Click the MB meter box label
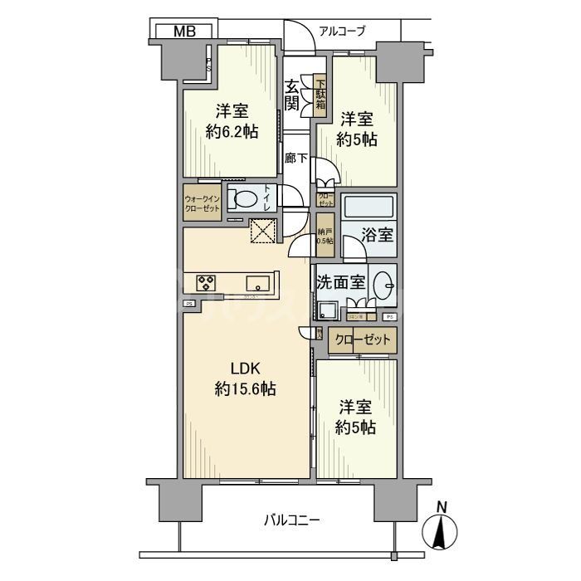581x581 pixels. pos(184,32)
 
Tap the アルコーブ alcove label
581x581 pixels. pos(343,32)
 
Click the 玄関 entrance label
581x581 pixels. pos(292,94)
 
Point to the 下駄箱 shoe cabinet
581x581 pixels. pos(320,93)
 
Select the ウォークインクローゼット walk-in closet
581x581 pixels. pos(203,203)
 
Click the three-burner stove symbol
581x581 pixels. pos(207,283)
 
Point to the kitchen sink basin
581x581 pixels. pos(255,282)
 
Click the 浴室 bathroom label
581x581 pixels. pos(378,235)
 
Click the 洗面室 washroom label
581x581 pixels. pos(339,281)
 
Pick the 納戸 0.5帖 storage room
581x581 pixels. pos(325,235)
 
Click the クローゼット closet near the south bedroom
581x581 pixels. pos(363,339)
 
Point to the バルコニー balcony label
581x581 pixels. pos(292,520)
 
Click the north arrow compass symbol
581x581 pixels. pos(442,529)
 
